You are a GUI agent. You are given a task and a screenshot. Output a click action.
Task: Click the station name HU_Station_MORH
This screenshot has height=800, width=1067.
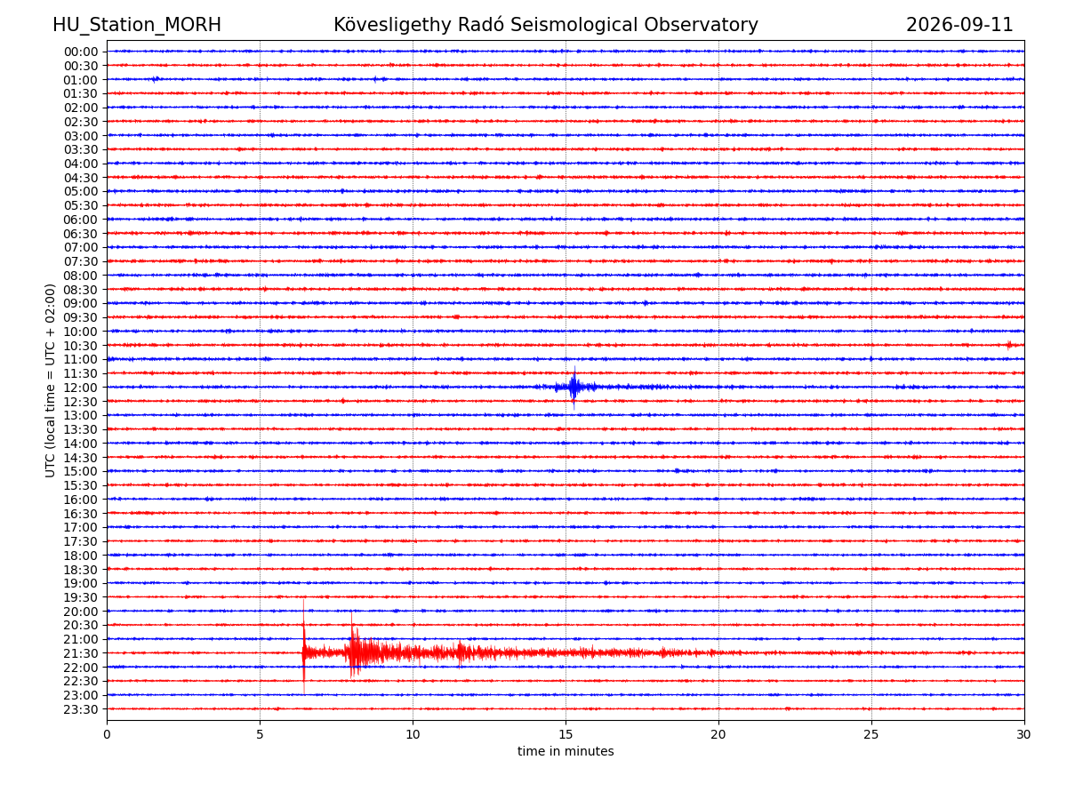point(137,25)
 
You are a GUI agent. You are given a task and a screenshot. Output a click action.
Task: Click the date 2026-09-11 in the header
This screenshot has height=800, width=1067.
point(959,25)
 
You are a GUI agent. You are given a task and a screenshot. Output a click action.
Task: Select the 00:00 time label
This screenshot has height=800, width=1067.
point(81,52)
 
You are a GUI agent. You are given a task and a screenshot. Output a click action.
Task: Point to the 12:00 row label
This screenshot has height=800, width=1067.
point(81,388)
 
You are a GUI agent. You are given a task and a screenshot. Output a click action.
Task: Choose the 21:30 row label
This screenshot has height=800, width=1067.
point(81,653)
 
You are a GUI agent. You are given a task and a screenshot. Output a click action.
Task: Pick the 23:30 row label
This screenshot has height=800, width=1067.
point(81,709)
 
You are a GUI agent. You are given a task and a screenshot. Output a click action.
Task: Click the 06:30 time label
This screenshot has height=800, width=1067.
point(81,234)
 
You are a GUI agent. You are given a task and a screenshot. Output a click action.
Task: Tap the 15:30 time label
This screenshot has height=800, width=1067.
point(81,485)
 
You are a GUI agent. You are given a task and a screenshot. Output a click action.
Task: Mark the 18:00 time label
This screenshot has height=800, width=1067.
point(81,556)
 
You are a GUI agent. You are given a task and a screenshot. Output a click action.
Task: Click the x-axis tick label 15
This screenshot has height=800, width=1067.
point(566,734)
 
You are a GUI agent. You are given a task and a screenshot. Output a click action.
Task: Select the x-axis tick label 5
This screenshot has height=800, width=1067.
point(260,734)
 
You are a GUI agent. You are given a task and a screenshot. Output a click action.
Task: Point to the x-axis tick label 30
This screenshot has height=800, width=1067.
point(1023,734)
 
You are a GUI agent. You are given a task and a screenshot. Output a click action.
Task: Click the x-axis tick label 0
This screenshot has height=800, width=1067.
point(107,734)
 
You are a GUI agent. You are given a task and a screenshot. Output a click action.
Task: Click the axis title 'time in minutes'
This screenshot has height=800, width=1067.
point(566,751)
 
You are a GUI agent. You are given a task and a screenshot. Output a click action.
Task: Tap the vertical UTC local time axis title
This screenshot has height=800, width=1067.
point(50,380)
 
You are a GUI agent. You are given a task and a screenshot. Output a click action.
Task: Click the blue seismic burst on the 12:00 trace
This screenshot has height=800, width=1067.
point(574,388)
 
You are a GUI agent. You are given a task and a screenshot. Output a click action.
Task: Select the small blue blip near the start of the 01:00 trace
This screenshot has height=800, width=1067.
point(156,79)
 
